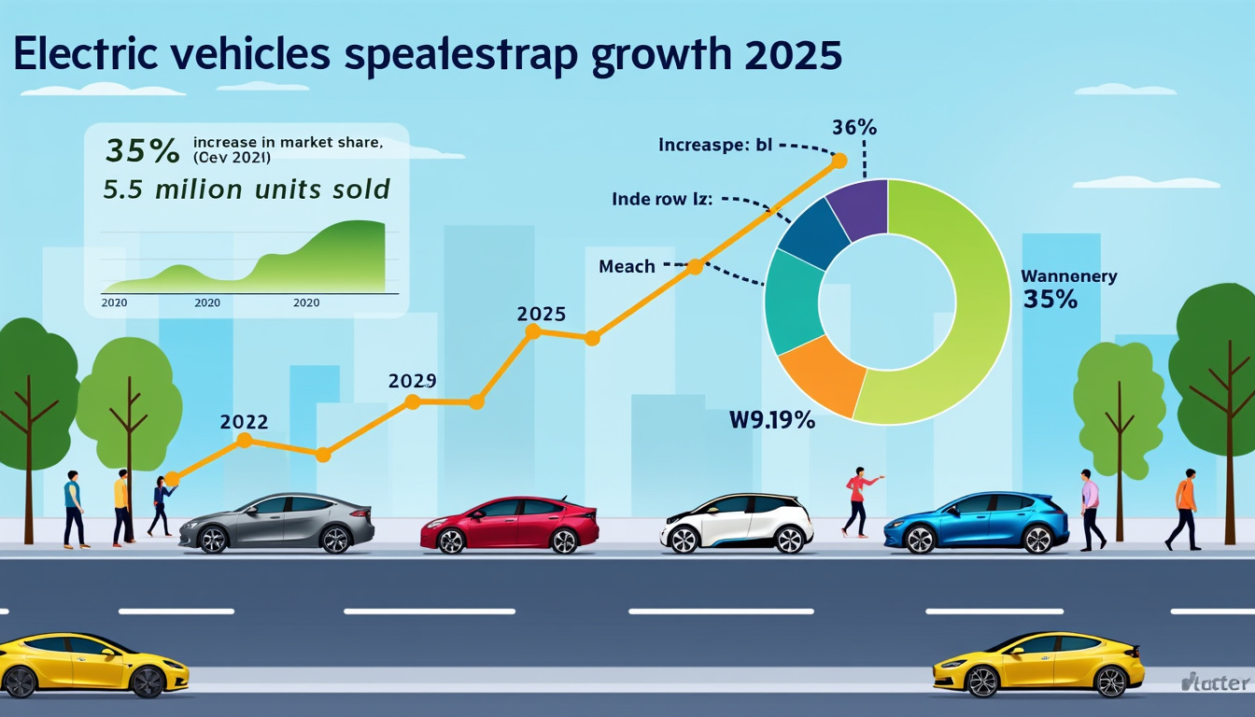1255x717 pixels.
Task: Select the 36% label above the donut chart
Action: (x=853, y=128)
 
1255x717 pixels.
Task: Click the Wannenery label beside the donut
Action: (x=1068, y=276)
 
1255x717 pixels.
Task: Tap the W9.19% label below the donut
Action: (x=771, y=421)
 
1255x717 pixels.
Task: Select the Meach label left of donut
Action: (x=627, y=267)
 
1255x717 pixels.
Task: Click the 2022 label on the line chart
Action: (x=244, y=421)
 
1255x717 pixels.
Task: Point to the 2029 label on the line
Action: (x=412, y=381)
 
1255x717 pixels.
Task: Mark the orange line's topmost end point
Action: (x=839, y=162)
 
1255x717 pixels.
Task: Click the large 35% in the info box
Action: (x=142, y=150)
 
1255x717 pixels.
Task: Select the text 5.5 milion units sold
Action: (x=247, y=190)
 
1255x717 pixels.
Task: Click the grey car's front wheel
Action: (x=214, y=539)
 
